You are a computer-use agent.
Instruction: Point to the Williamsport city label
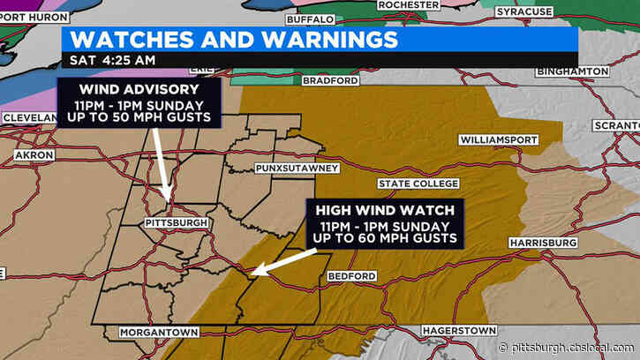tap(496, 139)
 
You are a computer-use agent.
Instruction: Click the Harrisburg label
tap(543, 242)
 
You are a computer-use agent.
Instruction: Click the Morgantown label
tap(150, 332)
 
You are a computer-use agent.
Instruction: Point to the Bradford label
tap(332, 80)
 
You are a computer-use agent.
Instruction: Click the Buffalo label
tap(311, 19)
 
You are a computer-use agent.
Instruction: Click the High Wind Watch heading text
tap(382, 210)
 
